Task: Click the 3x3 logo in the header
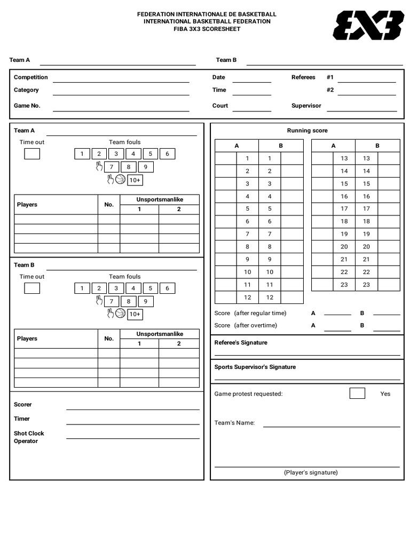(368, 26)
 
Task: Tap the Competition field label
(30, 77)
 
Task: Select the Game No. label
(27, 106)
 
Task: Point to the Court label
(220, 106)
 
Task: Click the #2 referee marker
(330, 90)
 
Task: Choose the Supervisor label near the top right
(306, 106)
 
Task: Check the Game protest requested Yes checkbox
(357, 394)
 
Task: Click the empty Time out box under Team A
(32, 154)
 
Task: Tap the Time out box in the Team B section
(32, 288)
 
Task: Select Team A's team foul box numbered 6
(167, 154)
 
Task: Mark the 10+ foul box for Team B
(135, 315)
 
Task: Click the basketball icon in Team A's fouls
(120, 180)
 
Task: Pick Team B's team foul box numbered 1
(82, 288)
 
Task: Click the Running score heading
(307, 131)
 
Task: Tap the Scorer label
(22, 405)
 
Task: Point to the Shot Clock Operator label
(29, 437)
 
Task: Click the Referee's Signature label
(241, 343)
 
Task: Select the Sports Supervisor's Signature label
(255, 367)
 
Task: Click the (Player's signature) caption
(311, 472)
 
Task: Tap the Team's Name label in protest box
(234, 423)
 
